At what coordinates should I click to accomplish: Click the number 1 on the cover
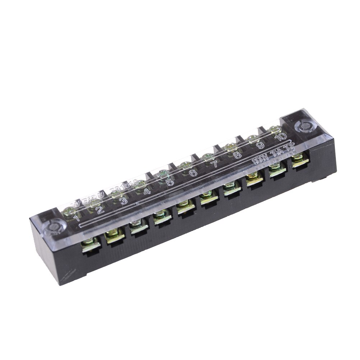coord(76,217)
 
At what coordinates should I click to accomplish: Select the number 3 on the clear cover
coord(123,200)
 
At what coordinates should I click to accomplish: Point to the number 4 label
coord(147,191)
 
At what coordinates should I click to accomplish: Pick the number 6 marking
coord(193,173)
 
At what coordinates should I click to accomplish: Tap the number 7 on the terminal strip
coord(214,164)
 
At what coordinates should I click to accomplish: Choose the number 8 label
coord(237,155)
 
